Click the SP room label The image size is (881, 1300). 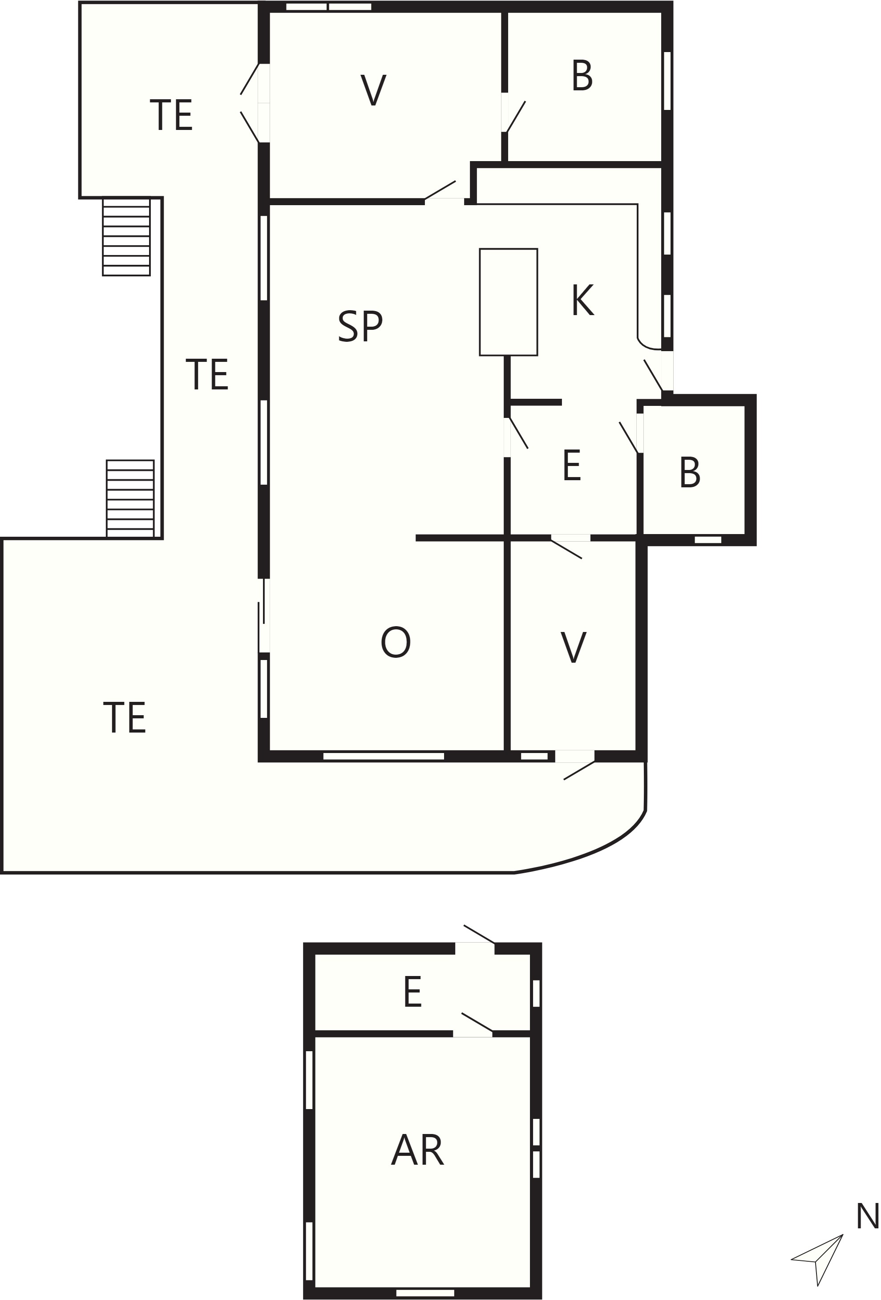coord(360,326)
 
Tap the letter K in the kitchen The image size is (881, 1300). coord(582,300)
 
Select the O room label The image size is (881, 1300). coord(396,642)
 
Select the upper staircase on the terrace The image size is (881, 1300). coord(126,237)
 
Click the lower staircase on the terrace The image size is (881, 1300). coord(130,498)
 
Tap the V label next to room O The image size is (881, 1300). coord(574,647)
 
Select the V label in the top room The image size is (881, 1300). coord(373,89)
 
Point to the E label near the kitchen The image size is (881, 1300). coord(572,465)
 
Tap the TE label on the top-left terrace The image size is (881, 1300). coord(171,115)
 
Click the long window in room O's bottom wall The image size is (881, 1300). coord(384,756)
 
